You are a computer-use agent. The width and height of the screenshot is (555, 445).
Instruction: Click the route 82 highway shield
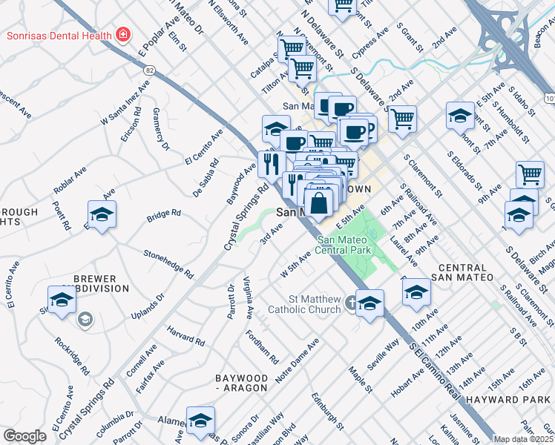pos(149,69)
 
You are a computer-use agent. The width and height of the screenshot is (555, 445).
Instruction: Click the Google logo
pos(24,436)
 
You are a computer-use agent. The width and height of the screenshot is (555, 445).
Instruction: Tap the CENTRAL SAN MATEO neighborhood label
pos(465,271)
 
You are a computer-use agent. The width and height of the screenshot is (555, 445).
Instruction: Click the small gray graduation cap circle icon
pos(85,319)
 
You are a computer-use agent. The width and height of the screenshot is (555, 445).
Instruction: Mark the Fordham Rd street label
pos(264,348)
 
